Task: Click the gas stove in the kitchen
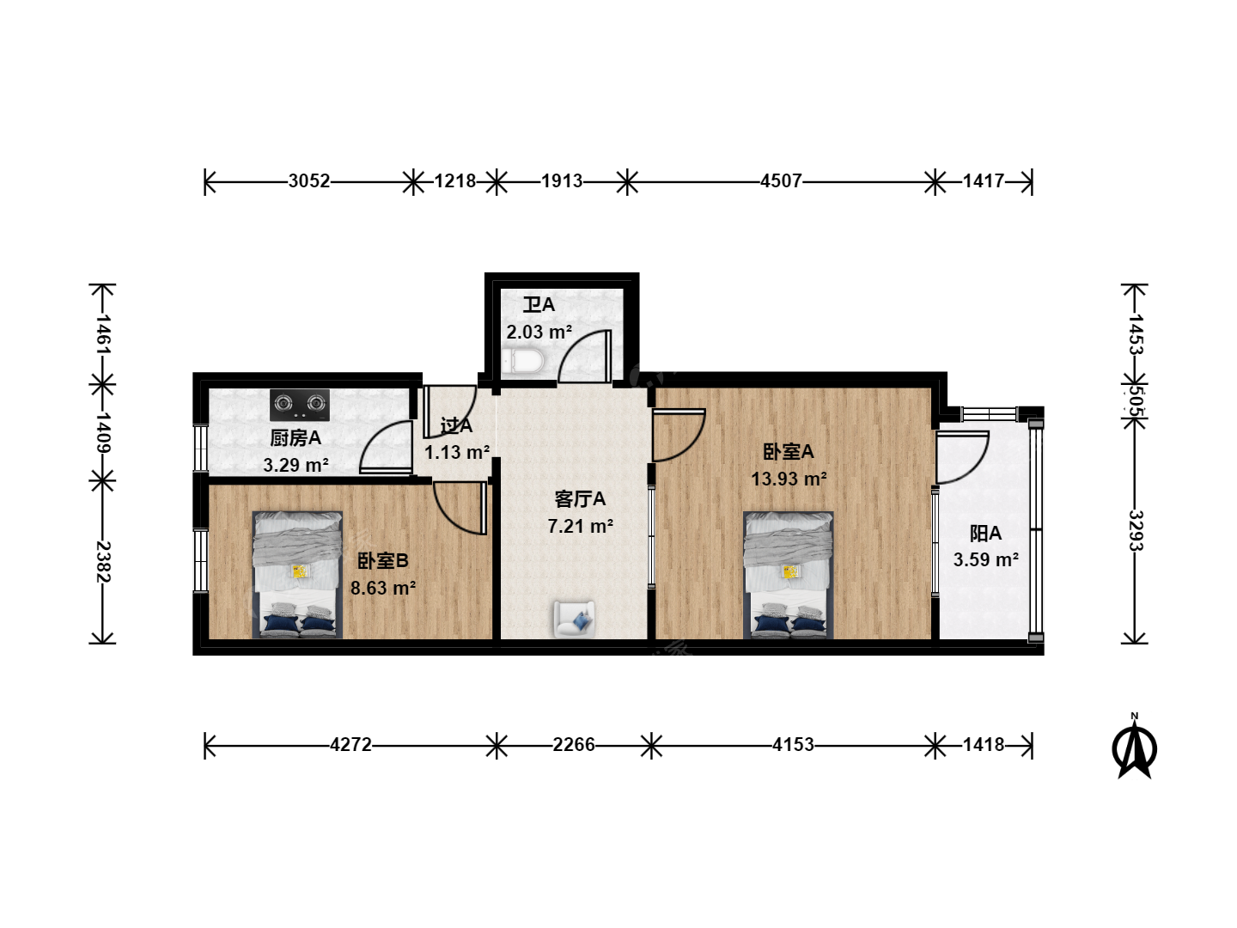(299, 405)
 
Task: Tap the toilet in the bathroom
(523, 361)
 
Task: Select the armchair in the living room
(575, 619)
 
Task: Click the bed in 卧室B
(297, 574)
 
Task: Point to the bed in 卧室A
(788, 574)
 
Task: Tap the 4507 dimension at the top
(781, 180)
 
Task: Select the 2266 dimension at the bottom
(573, 745)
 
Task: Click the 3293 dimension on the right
(1135, 531)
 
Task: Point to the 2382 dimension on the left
(102, 562)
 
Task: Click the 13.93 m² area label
(789, 479)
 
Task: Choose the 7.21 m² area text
(580, 526)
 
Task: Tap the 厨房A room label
(296, 438)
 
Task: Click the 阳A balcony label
(985, 533)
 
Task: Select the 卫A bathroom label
(539, 305)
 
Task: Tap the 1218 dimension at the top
(454, 180)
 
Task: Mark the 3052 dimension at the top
(309, 180)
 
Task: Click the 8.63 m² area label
(383, 589)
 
